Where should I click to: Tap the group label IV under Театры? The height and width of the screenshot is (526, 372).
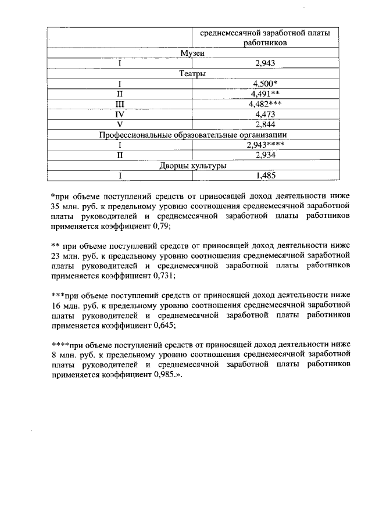click(120, 114)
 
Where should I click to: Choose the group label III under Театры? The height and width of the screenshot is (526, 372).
click(120, 104)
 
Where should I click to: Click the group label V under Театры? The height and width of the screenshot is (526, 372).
click(120, 124)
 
